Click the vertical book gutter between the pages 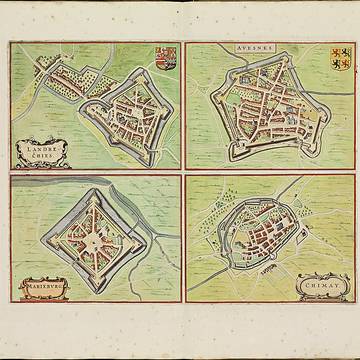(x=180, y=180)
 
